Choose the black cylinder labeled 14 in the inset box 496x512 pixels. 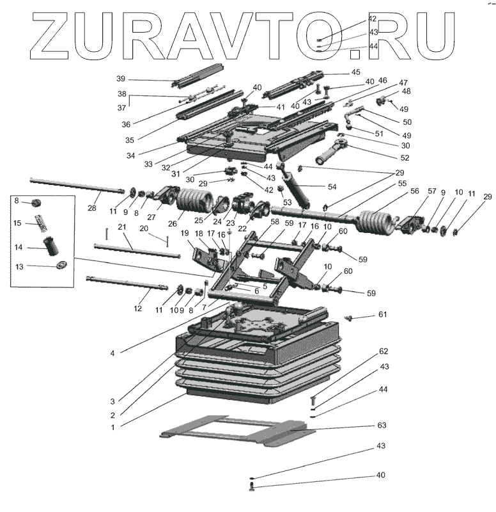(49, 246)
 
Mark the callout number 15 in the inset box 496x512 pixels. (17, 223)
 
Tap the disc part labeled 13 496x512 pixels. (62, 266)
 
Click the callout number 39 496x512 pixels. (121, 79)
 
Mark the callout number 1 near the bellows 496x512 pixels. (112, 427)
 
